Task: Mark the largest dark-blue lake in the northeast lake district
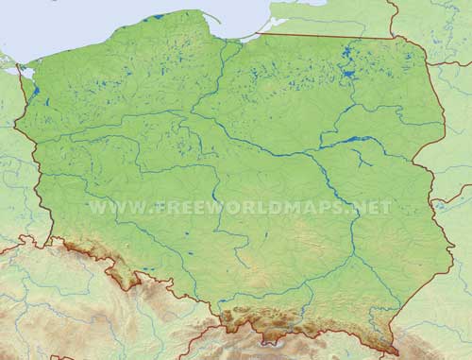350,69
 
